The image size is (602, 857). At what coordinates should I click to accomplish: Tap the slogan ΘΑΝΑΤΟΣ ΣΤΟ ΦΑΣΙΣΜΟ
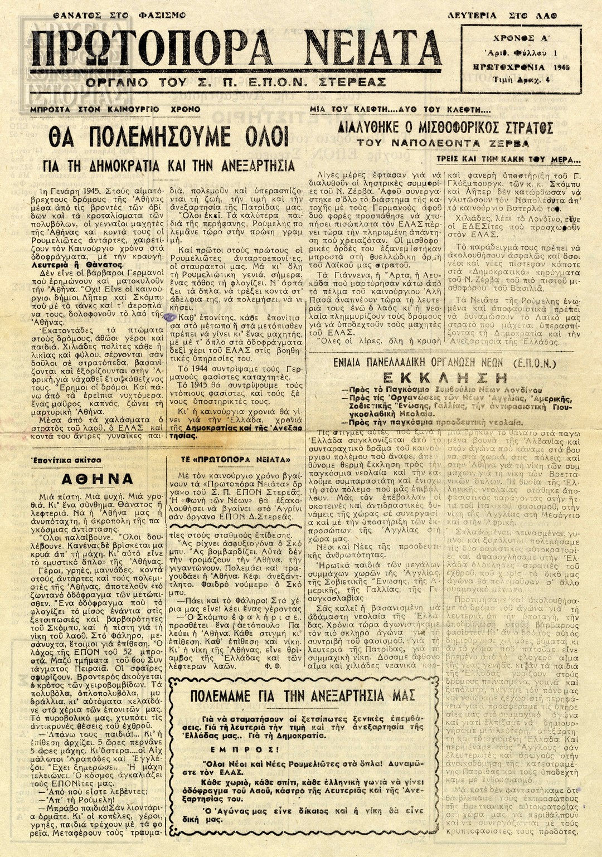pos(119,15)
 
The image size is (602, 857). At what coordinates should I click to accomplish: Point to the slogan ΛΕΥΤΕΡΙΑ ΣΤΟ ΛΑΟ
pos(503,16)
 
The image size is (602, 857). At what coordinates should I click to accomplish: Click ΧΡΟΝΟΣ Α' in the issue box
pos(521,39)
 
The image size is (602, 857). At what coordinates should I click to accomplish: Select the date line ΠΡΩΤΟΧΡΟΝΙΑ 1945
pos(521,67)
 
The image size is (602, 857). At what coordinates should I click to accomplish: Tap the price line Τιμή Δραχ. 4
pos(521,80)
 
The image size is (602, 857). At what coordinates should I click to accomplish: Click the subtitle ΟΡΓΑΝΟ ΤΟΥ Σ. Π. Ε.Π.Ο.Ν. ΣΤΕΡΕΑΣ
pos(236,82)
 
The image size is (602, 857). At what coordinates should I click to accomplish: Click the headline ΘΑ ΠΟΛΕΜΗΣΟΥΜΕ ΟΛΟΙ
pos(168,137)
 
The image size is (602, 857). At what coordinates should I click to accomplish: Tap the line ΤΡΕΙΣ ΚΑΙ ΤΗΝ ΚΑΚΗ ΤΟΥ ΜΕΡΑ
pos(508,159)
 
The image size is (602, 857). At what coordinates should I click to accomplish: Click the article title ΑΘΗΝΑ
pos(98,479)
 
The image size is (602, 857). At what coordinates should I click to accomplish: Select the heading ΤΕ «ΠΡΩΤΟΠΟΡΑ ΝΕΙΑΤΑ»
pos(236,460)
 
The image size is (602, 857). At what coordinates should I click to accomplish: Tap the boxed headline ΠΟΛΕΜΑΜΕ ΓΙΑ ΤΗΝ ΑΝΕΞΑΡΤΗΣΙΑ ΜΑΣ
pos(303,696)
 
